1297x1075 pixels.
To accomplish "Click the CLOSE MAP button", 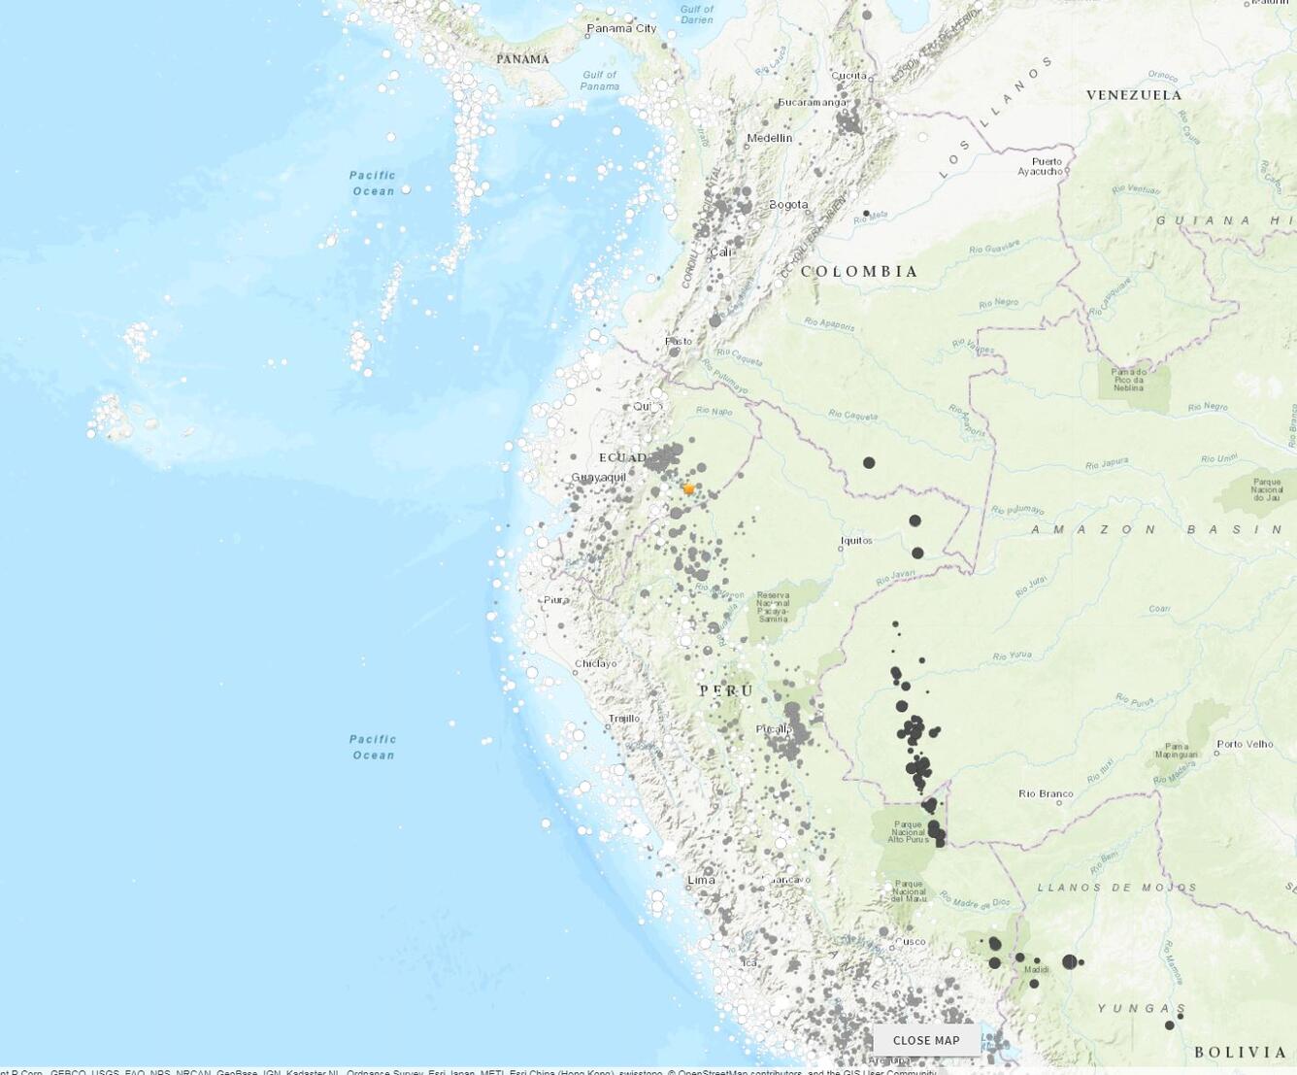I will click(925, 1040).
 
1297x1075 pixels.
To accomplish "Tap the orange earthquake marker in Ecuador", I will click(688, 489).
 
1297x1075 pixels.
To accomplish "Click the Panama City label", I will click(621, 28).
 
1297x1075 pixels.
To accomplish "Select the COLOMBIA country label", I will click(859, 272).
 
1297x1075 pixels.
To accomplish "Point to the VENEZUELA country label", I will click(1134, 95).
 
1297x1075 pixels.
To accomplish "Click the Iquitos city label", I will click(856, 541).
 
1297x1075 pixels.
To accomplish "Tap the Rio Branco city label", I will click(1046, 793).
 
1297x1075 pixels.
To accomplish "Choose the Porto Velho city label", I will click(1245, 744).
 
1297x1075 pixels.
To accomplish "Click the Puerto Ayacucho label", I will click(1045, 166).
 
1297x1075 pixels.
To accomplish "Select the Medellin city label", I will click(769, 138).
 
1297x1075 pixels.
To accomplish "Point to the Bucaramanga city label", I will click(813, 102).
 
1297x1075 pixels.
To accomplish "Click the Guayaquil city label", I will click(598, 477).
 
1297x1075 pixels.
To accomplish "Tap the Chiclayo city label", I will click(595, 663).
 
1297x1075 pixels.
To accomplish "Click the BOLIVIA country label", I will click(1241, 1052).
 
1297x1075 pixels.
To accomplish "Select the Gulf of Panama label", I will click(599, 81).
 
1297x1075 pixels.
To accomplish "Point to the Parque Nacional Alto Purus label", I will click(908, 831).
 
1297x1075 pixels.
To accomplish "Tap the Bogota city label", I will click(788, 205).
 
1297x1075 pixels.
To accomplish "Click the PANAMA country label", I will click(522, 59).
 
